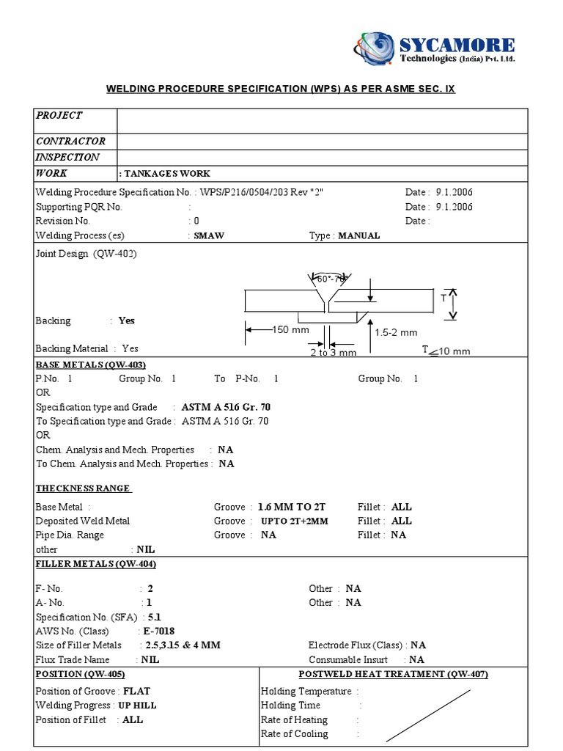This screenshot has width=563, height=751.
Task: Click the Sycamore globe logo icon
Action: click(x=375, y=48)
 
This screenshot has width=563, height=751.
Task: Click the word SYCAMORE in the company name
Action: click(x=457, y=45)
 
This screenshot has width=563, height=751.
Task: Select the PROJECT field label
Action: click(x=59, y=115)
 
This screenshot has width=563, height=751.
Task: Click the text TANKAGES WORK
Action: click(x=166, y=174)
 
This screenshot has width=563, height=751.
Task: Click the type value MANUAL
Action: click(x=359, y=235)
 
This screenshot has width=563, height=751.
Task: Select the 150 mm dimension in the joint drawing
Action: click(x=291, y=330)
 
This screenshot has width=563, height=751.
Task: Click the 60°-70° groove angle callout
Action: click(x=329, y=279)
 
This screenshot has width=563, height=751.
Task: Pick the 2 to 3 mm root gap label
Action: click(x=332, y=352)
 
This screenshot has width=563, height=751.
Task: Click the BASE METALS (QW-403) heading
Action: click(x=91, y=364)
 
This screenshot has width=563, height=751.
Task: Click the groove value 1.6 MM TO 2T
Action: click(x=291, y=507)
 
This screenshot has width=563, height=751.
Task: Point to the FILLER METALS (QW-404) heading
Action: click(x=96, y=563)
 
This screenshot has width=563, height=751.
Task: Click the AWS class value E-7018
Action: click(x=158, y=631)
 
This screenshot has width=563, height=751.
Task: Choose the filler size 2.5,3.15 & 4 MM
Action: click(x=183, y=645)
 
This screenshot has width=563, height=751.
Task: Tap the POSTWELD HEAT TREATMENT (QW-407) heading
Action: click(x=393, y=674)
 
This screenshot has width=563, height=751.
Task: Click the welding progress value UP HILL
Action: click(x=137, y=706)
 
